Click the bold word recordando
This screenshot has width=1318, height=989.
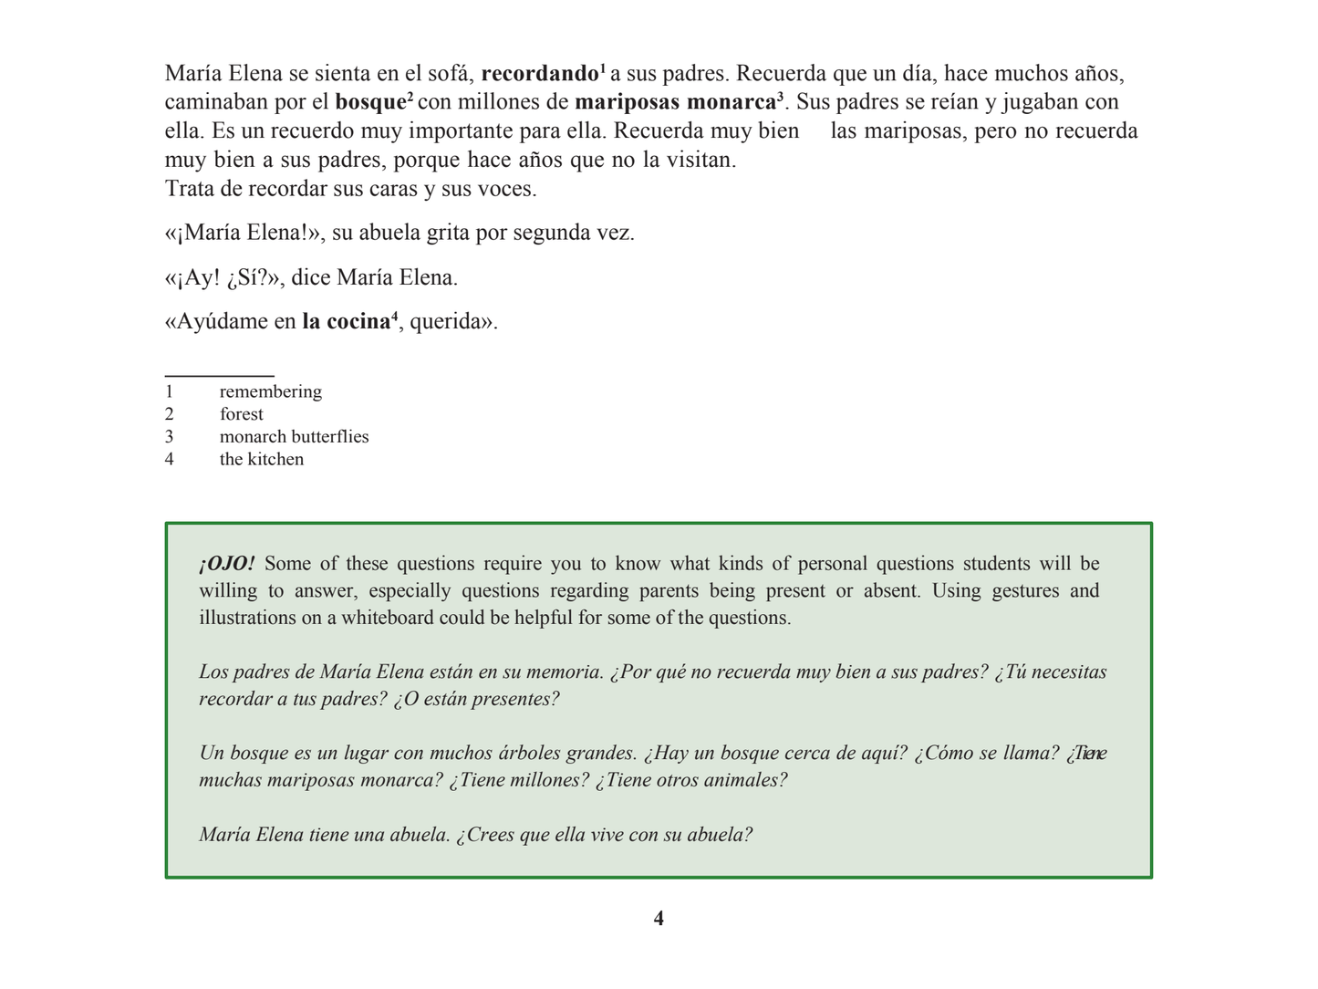[539, 74]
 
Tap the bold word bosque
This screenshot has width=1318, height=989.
[370, 102]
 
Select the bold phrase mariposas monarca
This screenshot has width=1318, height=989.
[675, 102]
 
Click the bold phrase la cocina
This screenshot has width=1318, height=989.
[346, 322]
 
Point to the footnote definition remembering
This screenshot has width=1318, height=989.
[271, 391]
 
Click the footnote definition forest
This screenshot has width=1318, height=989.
[241, 414]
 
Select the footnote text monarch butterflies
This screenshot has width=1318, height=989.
[294, 437]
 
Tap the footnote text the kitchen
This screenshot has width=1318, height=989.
[261, 460]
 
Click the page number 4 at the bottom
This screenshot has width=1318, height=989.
[659, 919]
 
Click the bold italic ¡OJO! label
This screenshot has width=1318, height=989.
[226, 564]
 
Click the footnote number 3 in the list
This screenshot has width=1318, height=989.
[170, 437]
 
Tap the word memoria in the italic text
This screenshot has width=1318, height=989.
[565, 672]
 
